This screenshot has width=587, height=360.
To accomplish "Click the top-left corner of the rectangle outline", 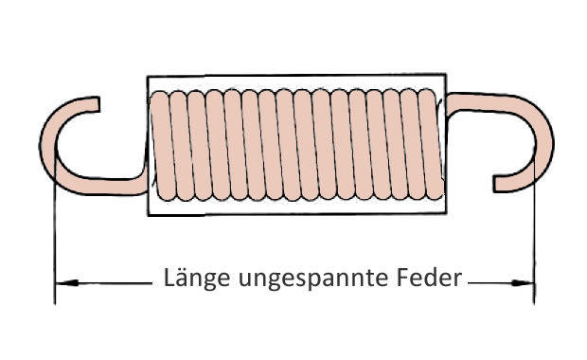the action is (x=147, y=74).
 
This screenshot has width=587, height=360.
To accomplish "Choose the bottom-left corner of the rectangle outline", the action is (x=147, y=214).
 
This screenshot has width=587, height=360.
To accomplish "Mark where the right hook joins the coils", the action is (x=447, y=99).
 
